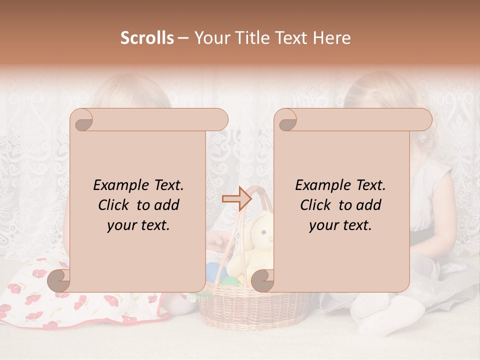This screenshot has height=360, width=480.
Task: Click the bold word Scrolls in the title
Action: (x=147, y=38)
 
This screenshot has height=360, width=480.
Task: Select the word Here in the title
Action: (x=332, y=38)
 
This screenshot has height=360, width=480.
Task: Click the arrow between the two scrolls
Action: (x=236, y=199)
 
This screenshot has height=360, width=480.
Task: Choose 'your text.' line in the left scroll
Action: (x=138, y=225)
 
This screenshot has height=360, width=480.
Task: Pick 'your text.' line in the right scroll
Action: (x=340, y=225)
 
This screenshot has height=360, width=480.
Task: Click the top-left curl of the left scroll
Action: (x=83, y=120)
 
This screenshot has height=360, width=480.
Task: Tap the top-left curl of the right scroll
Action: (x=287, y=120)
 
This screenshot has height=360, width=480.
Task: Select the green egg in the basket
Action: (x=230, y=281)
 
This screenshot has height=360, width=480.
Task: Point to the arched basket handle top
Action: (x=256, y=190)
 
